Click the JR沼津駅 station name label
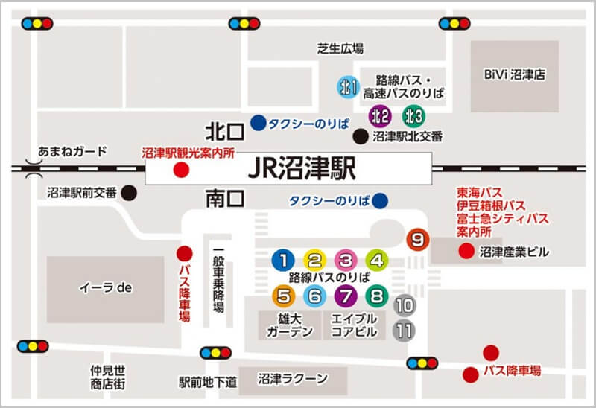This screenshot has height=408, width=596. pyautogui.click(x=302, y=169)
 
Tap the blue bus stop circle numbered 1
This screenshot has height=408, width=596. pyautogui.click(x=283, y=260)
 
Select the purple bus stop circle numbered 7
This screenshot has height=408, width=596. pyautogui.click(x=345, y=296)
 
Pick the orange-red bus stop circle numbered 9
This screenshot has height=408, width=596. pyautogui.click(x=418, y=239)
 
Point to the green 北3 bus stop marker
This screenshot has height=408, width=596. pyautogui.click(x=413, y=115)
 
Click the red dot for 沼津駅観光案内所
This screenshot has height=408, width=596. pyautogui.click(x=180, y=170)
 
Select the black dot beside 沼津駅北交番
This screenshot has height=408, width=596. pyautogui.click(x=361, y=136)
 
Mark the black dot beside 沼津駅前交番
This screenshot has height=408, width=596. pyautogui.click(x=130, y=192)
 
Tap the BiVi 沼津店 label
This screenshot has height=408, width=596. pyautogui.click(x=514, y=75)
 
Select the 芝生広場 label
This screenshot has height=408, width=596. pyautogui.click(x=340, y=49)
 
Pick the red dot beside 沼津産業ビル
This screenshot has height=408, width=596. pyautogui.click(x=466, y=252)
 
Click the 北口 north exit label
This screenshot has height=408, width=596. pyautogui.click(x=226, y=132)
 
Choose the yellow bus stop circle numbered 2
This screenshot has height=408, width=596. pyautogui.click(x=314, y=260)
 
